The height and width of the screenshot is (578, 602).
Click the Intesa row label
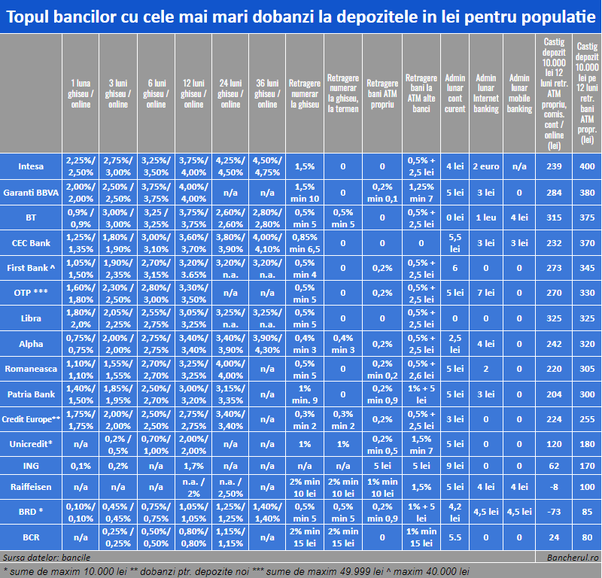31,166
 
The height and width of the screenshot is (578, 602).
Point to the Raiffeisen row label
31,486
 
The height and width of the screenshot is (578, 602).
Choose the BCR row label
31,537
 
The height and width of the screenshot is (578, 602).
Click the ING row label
31,466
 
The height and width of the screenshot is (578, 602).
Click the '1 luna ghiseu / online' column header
81,93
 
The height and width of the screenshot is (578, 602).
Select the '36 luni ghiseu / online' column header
267,93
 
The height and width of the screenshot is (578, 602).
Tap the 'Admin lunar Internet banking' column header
486,93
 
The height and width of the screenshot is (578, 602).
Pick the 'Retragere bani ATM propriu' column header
382,93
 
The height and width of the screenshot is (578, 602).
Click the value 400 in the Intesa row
586,166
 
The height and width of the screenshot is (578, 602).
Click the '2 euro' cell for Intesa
486,166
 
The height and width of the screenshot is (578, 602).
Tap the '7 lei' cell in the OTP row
486,293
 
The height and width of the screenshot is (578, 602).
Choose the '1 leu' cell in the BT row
486,217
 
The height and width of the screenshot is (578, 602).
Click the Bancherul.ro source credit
573,558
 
